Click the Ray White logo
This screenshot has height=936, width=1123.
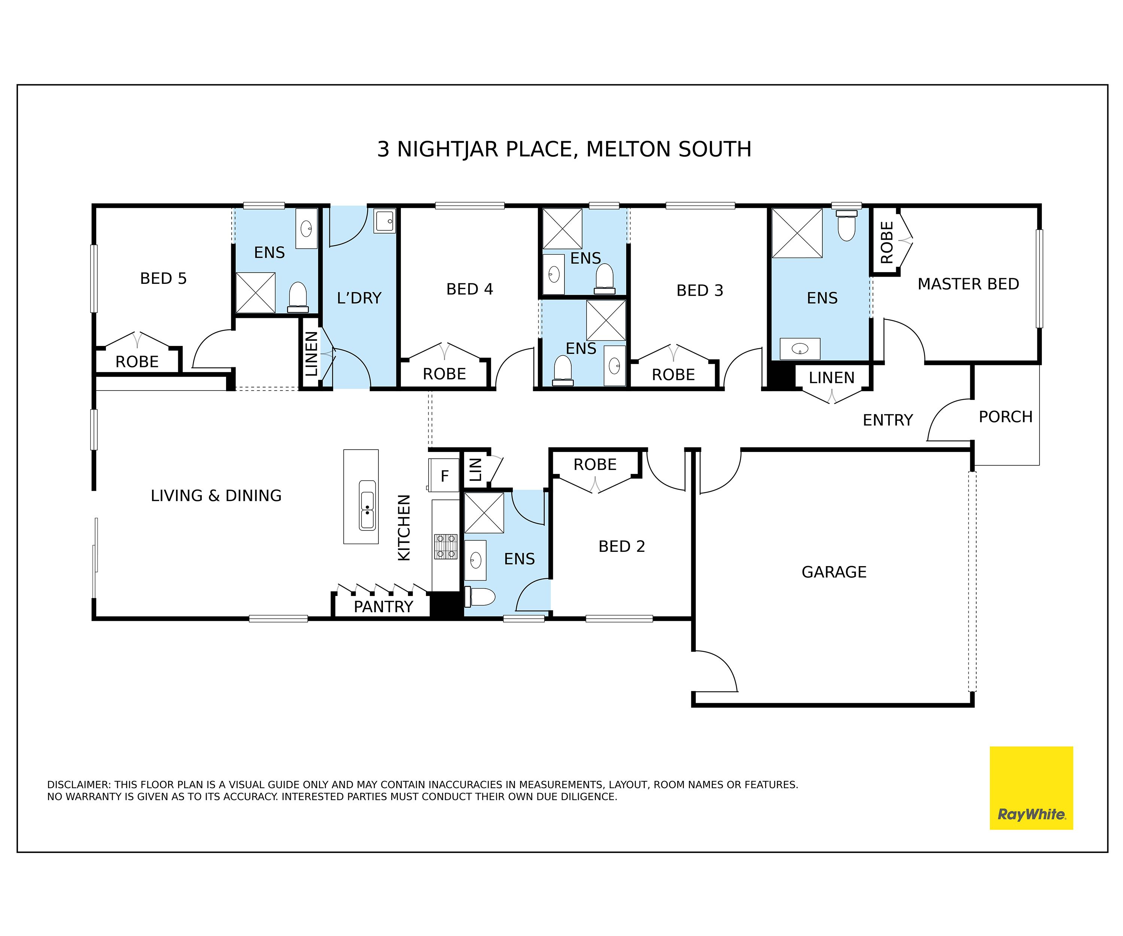coord(1031,788)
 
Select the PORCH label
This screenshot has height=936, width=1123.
coord(1005,417)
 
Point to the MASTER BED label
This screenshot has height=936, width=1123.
coord(968,284)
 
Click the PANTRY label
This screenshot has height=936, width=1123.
coord(383,607)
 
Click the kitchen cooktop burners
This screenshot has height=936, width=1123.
coord(445,546)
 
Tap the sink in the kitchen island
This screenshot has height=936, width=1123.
coord(367,505)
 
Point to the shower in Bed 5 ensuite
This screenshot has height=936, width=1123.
coord(256,292)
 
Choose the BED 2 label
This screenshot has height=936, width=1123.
coord(621,546)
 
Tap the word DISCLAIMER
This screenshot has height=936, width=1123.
coord(79,785)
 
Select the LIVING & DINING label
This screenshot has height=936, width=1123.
coord(216,496)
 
